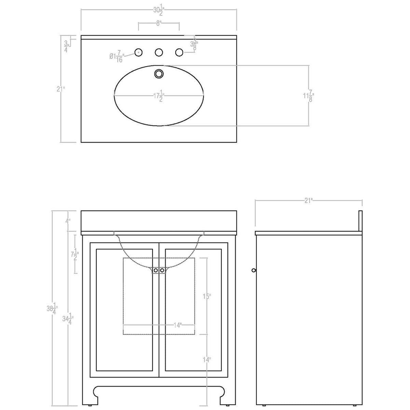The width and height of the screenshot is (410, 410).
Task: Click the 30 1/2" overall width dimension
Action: tap(159, 11)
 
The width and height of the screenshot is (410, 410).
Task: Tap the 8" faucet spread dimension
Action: tap(159, 23)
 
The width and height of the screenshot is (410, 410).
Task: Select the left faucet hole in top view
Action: tap(138, 52)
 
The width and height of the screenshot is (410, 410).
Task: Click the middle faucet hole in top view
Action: tap(159, 52)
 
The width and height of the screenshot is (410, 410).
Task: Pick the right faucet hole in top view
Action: tap(179, 52)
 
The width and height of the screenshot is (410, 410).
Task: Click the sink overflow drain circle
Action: tap(159, 73)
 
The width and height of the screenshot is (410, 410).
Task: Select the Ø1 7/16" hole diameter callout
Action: tap(117, 56)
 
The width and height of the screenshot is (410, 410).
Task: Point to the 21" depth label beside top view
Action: tap(61, 89)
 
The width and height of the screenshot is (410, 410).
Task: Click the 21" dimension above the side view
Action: tap(309, 201)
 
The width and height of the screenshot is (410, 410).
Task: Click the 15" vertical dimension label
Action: tap(206, 296)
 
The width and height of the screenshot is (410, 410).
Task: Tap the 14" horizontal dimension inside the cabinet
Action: tap(177, 325)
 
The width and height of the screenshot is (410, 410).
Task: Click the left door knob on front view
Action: tap(156, 270)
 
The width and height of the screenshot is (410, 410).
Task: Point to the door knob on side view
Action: tap(253, 270)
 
